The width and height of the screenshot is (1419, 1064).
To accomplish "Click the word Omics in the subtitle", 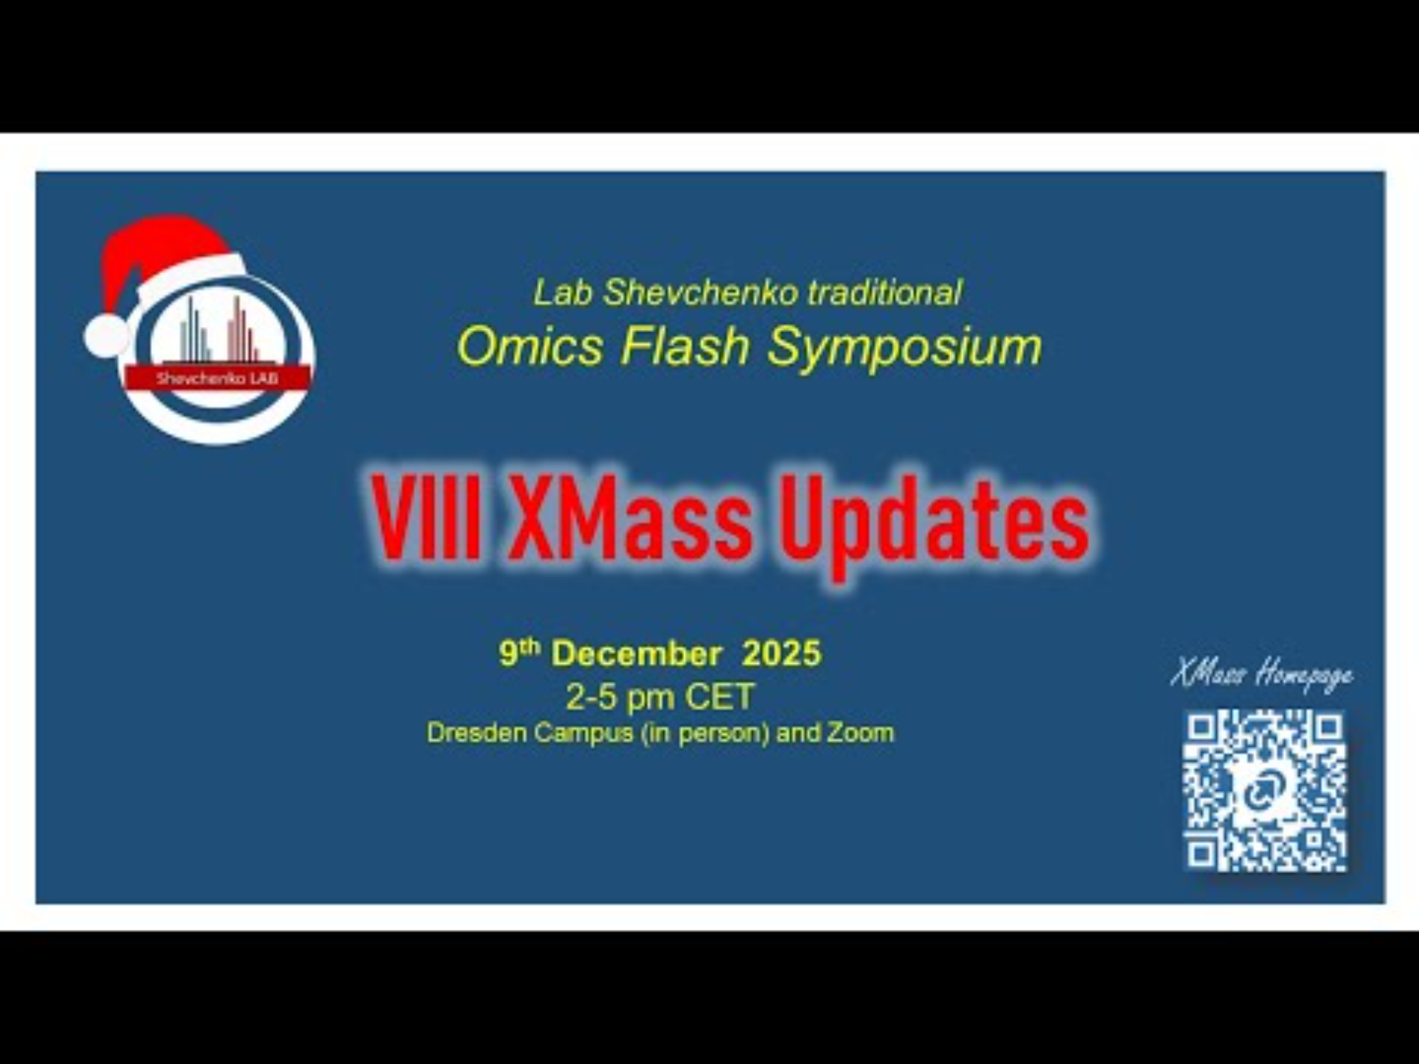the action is pos(531,347).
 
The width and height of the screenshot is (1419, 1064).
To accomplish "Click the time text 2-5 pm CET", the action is pos(660,697).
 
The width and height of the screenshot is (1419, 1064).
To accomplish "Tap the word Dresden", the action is pos(477,733).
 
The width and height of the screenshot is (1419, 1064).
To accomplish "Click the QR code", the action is pos(1265,792).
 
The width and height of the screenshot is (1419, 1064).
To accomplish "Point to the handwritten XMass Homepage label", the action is pos(1261,673).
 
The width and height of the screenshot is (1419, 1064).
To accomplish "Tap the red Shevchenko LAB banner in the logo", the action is pos(218,378).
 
